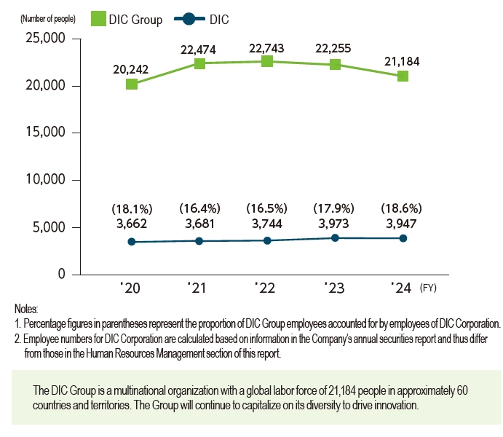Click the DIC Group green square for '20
coord(132,84)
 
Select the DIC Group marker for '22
coord(267,61)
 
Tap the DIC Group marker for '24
coord(403,76)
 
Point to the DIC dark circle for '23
coord(335,237)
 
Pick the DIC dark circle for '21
coord(199,240)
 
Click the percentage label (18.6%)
coord(403,208)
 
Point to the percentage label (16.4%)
coord(199,208)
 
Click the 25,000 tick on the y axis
coord(44,39)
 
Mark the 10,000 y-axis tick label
coord(44,180)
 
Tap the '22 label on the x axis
coord(266,289)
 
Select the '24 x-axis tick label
coord(401,289)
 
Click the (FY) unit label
coord(430,289)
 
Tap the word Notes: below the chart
coord(26,310)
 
